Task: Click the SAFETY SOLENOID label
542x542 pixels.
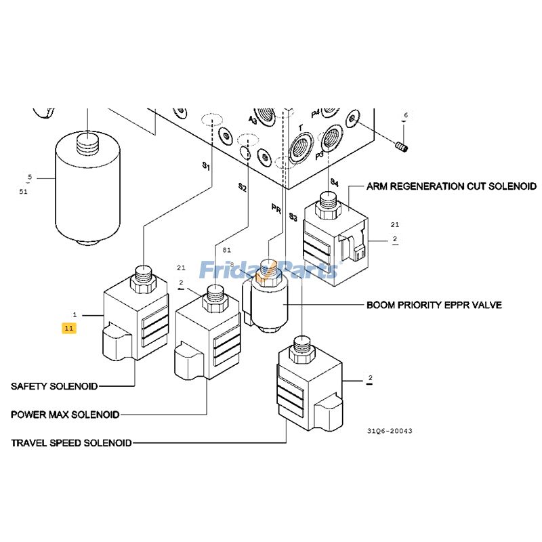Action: click(x=54, y=386)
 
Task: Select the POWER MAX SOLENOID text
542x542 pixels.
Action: click(x=65, y=414)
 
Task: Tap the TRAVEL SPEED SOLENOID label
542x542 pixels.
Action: click(x=71, y=443)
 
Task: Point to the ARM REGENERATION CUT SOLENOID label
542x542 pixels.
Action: click(x=451, y=186)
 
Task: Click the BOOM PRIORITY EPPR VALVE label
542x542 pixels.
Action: click(x=434, y=305)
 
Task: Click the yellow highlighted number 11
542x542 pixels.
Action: click(x=68, y=328)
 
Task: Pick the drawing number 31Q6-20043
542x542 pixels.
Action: click(x=390, y=431)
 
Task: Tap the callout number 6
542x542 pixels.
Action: click(x=406, y=116)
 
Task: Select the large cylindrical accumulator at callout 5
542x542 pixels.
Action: click(x=86, y=190)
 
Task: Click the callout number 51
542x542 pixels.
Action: click(x=24, y=192)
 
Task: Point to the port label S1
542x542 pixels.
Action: click(x=206, y=165)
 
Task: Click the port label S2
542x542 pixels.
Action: click(x=242, y=187)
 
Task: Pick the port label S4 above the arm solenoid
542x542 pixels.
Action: click(x=333, y=182)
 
